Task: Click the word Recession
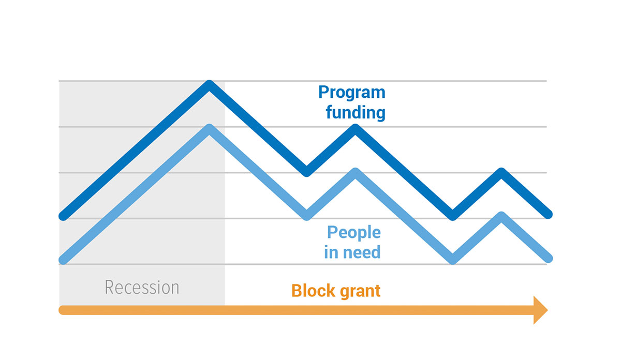click(142, 288)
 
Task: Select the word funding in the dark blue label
click(356, 112)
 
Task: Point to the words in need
click(352, 252)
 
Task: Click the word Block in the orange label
click(313, 291)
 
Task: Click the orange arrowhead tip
click(548, 310)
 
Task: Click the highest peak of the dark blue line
click(209, 84)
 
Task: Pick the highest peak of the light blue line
click(209, 128)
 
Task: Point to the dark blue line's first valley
click(306, 172)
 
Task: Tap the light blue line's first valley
click(306, 216)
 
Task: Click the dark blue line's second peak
click(355, 128)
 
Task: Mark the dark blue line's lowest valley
click(452, 216)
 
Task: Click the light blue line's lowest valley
click(452, 260)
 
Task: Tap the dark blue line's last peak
click(501, 172)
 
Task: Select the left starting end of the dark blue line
click(63, 216)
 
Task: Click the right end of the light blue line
click(548, 258)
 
